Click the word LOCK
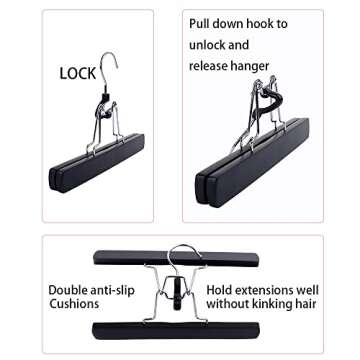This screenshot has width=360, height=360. pos(78,73)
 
